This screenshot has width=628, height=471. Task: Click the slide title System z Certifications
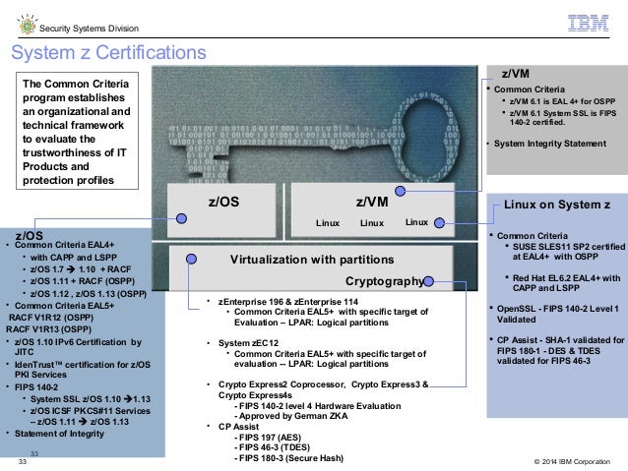(108, 51)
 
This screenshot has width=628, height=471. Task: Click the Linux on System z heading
(557, 204)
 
